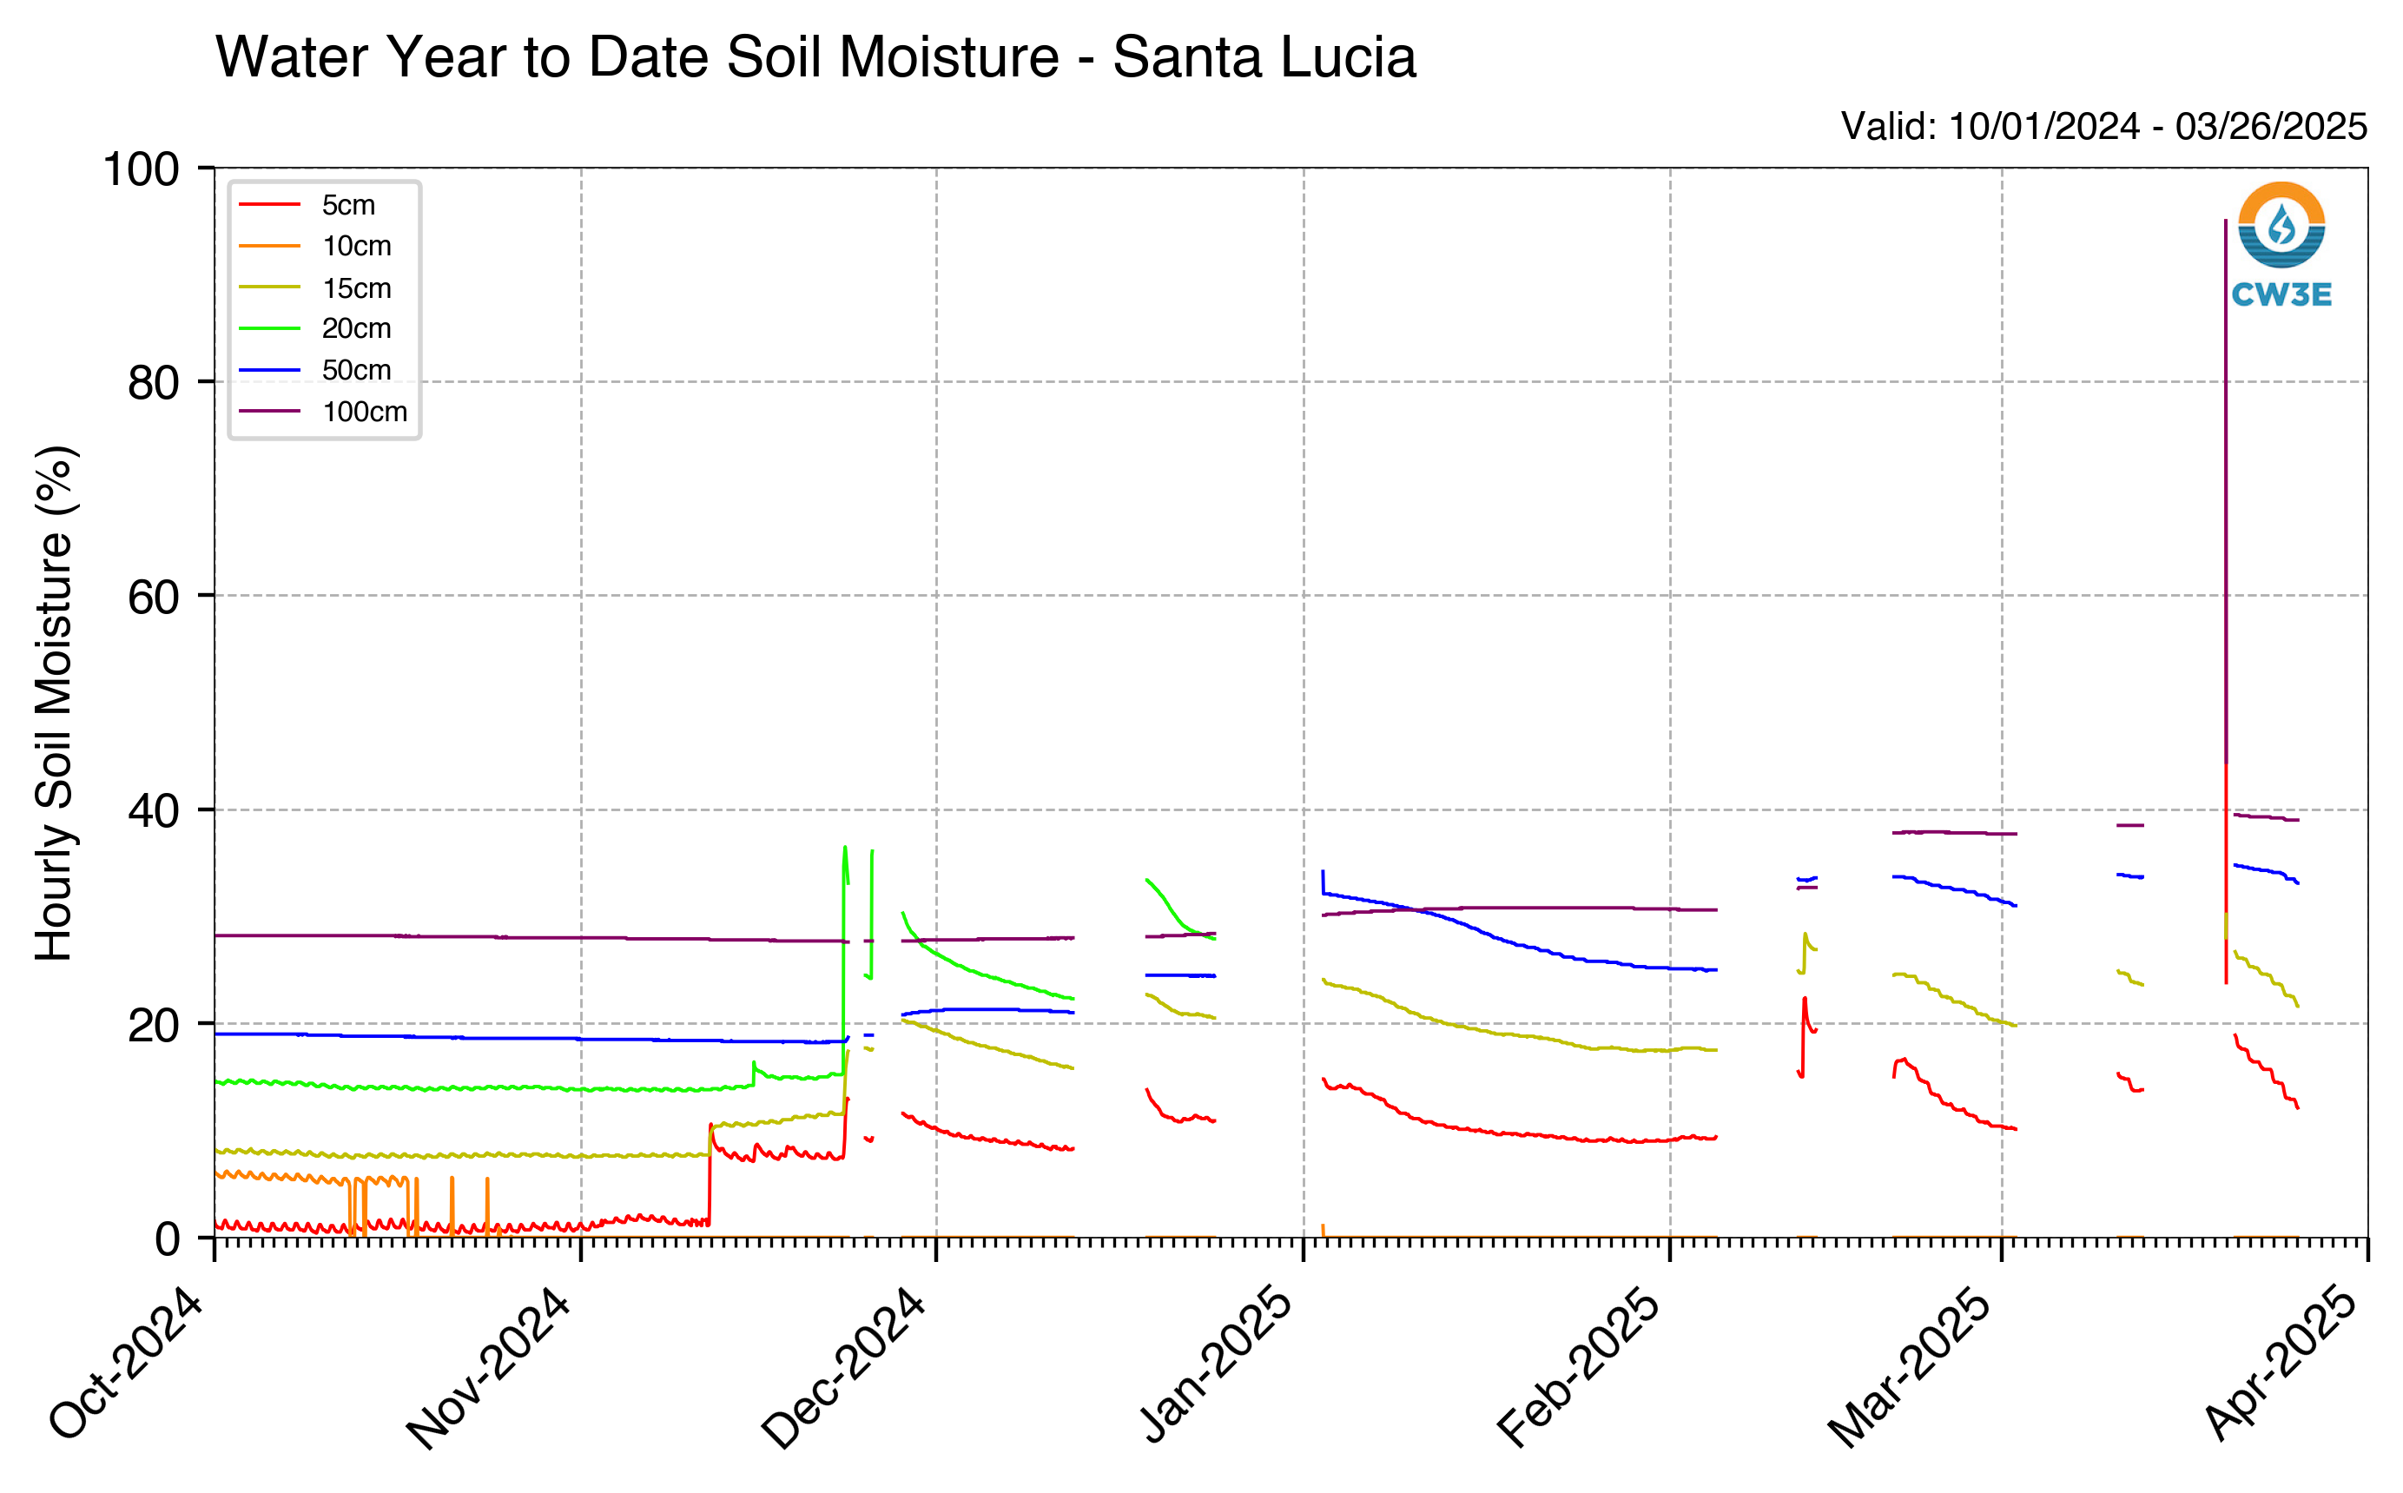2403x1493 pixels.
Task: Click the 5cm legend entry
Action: pyautogui.click(x=307, y=204)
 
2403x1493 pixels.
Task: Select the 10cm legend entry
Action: pyautogui.click(x=315, y=246)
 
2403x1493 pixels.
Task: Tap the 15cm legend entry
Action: pyautogui.click(x=315, y=287)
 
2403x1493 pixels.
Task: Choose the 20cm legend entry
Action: pyautogui.click(x=315, y=329)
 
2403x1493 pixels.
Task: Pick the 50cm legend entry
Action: pyautogui.click(x=315, y=370)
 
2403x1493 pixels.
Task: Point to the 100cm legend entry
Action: pyautogui.click(x=323, y=412)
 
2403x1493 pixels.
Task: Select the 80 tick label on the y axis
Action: pyautogui.click(x=153, y=383)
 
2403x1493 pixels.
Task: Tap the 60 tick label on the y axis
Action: pyautogui.click(x=153, y=597)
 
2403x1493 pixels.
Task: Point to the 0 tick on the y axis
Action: pyautogui.click(x=167, y=1239)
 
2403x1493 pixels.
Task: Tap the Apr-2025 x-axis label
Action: pyautogui.click(x=2281, y=1364)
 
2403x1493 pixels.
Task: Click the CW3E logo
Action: pyautogui.click(x=2281, y=244)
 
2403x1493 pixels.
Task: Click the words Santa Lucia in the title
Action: pyautogui.click(x=1264, y=56)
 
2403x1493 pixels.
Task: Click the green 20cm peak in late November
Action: pyautogui.click(x=844, y=847)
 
